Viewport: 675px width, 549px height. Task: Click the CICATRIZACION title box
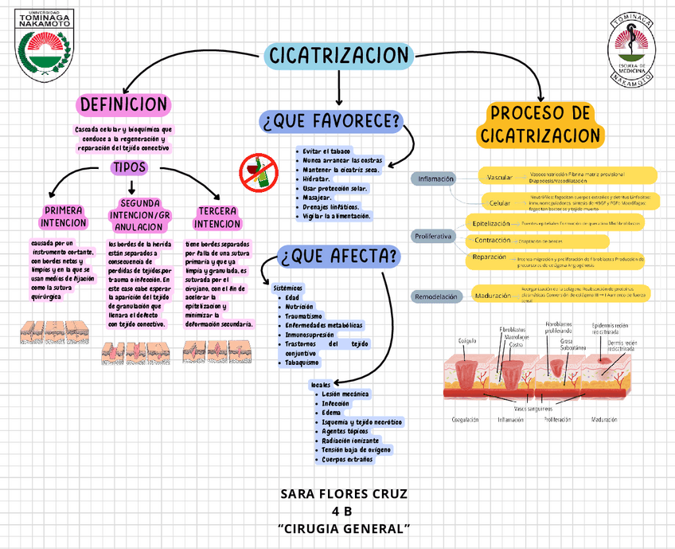tap(338, 55)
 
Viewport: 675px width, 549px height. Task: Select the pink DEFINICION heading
tap(123, 104)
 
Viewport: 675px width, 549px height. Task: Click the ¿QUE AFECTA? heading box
tap(339, 256)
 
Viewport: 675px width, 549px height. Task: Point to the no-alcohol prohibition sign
tap(259, 171)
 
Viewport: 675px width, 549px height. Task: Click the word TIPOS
tap(129, 168)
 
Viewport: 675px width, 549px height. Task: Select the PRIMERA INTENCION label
tap(63, 217)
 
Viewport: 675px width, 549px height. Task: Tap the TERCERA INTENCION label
tap(217, 218)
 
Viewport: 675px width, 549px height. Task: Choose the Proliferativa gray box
tap(434, 237)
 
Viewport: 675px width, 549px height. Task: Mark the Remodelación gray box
tap(436, 296)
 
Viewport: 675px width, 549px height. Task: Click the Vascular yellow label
tap(499, 177)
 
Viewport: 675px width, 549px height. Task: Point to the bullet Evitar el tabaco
tap(326, 151)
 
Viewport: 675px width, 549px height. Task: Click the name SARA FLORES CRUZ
tap(344, 494)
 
